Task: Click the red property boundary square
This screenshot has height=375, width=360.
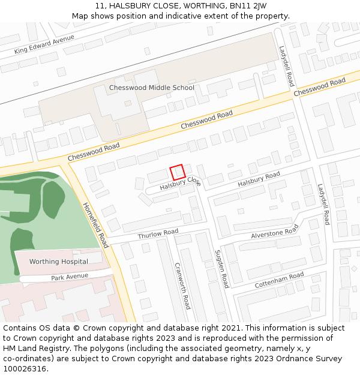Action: (177, 172)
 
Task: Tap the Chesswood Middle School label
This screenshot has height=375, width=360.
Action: (152, 88)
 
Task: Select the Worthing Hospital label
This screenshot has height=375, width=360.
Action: (59, 262)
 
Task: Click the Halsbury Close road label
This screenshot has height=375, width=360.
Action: (180, 184)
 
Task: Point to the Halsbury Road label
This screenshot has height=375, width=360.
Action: (259, 179)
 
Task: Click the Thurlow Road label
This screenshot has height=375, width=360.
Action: (158, 233)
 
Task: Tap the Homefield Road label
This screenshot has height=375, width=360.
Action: (95, 224)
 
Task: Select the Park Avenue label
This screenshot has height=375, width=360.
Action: (70, 277)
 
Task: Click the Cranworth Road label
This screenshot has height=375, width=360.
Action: (182, 285)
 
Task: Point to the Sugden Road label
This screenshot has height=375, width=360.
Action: (221, 268)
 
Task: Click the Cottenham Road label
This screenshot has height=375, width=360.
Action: (279, 279)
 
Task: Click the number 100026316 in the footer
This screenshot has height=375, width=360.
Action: (24, 369)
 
